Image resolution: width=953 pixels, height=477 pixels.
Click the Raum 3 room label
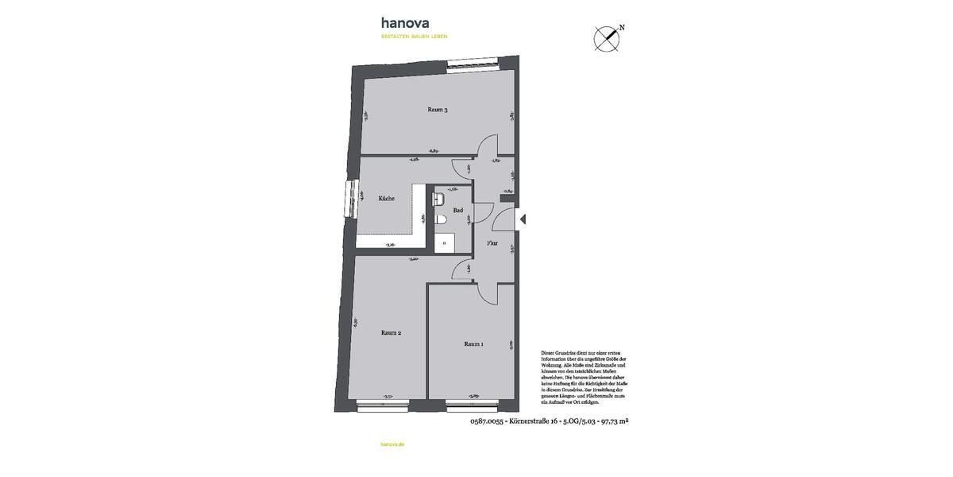click(x=438, y=110)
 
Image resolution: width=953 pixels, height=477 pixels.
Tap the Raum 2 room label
click(x=391, y=333)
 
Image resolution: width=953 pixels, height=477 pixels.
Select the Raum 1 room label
click(x=474, y=344)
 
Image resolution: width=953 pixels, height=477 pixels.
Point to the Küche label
click(x=387, y=199)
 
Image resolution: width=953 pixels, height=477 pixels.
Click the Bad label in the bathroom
click(x=457, y=211)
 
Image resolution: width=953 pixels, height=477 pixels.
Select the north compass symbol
click(x=608, y=37)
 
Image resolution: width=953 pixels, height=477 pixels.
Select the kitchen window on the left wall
click(x=349, y=199)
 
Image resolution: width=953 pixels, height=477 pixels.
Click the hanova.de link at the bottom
click(x=392, y=444)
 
